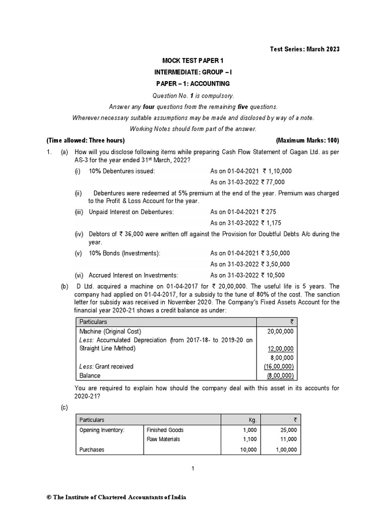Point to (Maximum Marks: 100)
pyautogui.click(x=307, y=140)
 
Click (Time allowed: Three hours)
pyautogui.click(x=85, y=140)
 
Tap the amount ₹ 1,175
pyautogui.click(x=273, y=223)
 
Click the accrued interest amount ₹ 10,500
pyautogui.click(x=274, y=275)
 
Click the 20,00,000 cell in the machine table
pyautogui.click(x=283, y=332)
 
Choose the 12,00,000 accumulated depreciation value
pyautogui.click(x=283, y=349)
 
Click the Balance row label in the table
pyautogui.click(x=90, y=375)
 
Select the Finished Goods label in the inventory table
pyautogui.click(x=165, y=430)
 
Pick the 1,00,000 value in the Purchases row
pyautogui.click(x=283, y=449)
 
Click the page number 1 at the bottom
pyautogui.click(x=192, y=469)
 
